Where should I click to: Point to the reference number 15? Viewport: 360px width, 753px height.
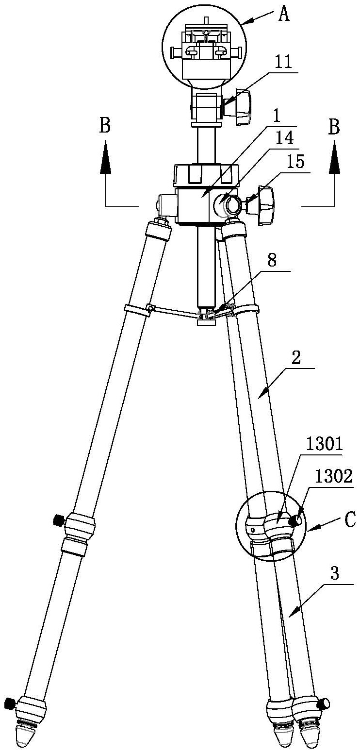tap(295, 163)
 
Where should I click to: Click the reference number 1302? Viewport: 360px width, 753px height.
tap(334, 476)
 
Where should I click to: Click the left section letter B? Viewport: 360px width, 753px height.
tap(105, 125)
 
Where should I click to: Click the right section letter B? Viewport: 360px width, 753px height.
tap(333, 128)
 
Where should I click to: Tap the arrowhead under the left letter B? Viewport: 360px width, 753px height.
tap(105, 157)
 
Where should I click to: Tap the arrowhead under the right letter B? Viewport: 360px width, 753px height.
tap(333, 157)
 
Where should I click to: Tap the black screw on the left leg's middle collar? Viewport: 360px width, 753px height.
tap(59, 520)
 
